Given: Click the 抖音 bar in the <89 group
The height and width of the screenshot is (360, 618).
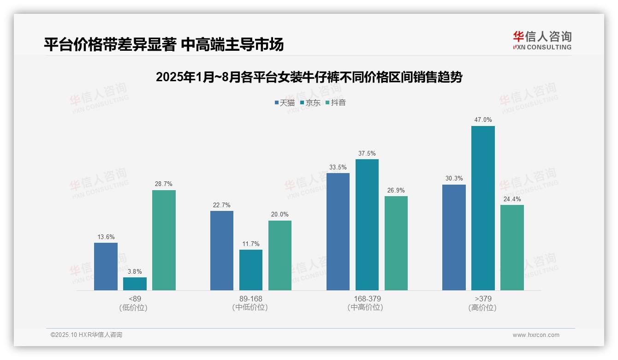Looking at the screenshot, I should click(x=164, y=240).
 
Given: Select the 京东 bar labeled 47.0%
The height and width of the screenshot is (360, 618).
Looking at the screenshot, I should click(x=483, y=208).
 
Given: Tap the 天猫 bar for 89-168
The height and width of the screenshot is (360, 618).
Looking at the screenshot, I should click(x=222, y=251).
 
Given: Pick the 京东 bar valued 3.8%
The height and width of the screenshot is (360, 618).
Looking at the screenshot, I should click(x=135, y=284).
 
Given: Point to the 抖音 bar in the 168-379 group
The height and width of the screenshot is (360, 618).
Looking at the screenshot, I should click(x=396, y=243).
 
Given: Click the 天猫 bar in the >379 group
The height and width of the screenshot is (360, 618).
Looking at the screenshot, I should click(x=454, y=237).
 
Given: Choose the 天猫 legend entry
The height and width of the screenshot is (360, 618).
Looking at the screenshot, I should click(x=285, y=103).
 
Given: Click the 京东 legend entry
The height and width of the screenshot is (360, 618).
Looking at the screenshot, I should click(x=310, y=103).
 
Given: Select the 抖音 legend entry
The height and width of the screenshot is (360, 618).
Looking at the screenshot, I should click(x=336, y=103).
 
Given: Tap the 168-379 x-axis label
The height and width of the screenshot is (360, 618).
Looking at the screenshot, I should click(x=367, y=299).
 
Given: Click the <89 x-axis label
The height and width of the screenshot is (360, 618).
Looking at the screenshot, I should click(x=135, y=299).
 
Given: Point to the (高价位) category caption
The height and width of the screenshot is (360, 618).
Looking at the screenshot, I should click(x=482, y=308).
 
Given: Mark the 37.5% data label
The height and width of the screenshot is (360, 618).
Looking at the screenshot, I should click(x=367, y=154).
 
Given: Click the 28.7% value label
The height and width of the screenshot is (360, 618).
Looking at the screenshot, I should click(x=164, y=184).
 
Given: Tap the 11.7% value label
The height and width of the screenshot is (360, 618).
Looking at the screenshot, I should click(x=251, y=244).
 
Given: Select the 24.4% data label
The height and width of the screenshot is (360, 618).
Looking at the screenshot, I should click(x=512, y=199).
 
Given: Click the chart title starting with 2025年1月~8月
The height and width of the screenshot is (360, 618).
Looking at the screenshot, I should click(x=309, y=78).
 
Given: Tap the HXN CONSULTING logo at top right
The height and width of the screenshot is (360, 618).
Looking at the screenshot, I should click(x=542, y=40).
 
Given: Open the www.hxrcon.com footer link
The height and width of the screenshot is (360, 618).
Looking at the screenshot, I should click(x=536, y=335).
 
